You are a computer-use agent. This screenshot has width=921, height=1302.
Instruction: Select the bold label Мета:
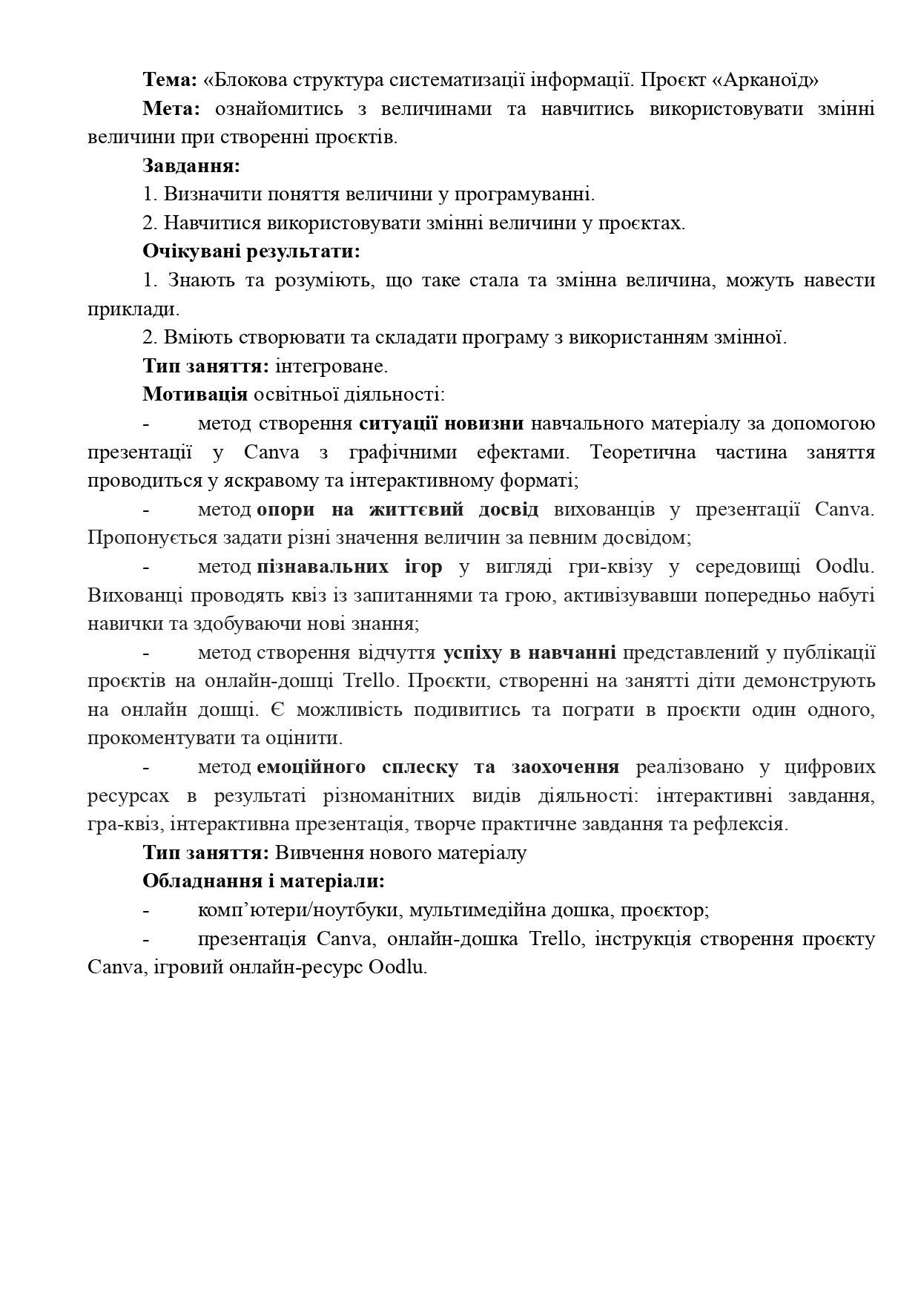click(x=171, y=109)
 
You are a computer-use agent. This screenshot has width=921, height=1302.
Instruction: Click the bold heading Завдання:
click(x=191, y=166)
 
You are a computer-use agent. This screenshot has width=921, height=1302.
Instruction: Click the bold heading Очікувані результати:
click(x=251, y=251)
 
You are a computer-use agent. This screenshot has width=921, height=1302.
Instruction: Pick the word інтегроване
click(x=331, y=366)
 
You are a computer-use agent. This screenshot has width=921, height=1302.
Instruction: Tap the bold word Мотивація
click(x=195, y=395)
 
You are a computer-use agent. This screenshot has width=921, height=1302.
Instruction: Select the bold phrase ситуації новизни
click(x=442, y=424)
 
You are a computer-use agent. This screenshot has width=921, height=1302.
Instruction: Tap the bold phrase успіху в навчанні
click(x=529, y=653)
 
